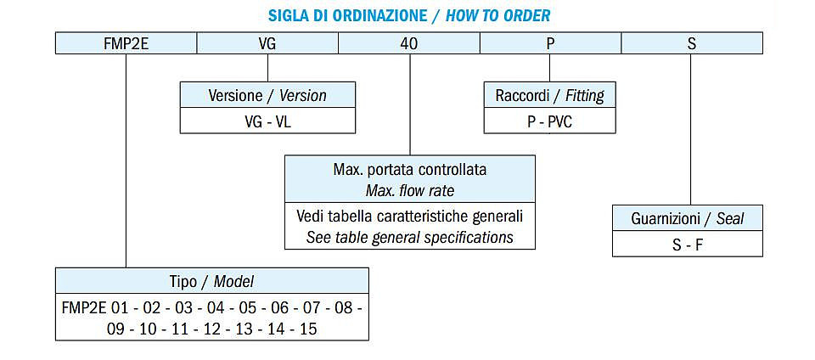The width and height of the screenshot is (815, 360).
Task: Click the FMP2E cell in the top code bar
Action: tap(126, 43)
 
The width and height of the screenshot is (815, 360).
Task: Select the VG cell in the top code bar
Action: tap(267, 43)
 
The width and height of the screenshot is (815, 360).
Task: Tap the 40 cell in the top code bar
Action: tap(409, 43)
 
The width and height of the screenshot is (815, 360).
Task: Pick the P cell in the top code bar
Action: tap(550, 43)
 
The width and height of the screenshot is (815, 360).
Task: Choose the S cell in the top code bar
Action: tap(692, 43)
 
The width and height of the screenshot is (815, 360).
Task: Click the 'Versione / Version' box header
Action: tap(267, 95)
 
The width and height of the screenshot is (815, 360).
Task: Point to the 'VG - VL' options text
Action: tap(267, 121)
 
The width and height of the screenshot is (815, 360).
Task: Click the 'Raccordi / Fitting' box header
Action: tap(550, 95)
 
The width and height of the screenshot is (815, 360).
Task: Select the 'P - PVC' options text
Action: tap(550, 121)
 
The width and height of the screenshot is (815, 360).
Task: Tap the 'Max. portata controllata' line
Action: tap(410, 170)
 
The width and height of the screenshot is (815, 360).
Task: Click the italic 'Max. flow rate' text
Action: tap(410, 191)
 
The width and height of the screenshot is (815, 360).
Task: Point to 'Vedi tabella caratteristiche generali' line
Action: tap(409, 216)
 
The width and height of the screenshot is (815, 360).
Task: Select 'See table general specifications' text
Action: tap(409, 238)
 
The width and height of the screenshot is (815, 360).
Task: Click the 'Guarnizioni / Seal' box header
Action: tap(688, 218)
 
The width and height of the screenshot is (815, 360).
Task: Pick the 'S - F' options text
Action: tap(688, 245)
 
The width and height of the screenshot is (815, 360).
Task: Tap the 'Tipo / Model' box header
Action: tap(212, 281)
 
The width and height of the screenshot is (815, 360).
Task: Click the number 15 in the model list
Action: tap(309, 329)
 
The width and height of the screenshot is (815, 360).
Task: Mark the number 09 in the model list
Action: tap(115, 329)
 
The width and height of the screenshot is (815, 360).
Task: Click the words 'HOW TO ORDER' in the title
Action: tap(498, 15)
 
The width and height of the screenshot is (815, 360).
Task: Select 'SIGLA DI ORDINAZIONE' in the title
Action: tap(347, 15)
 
